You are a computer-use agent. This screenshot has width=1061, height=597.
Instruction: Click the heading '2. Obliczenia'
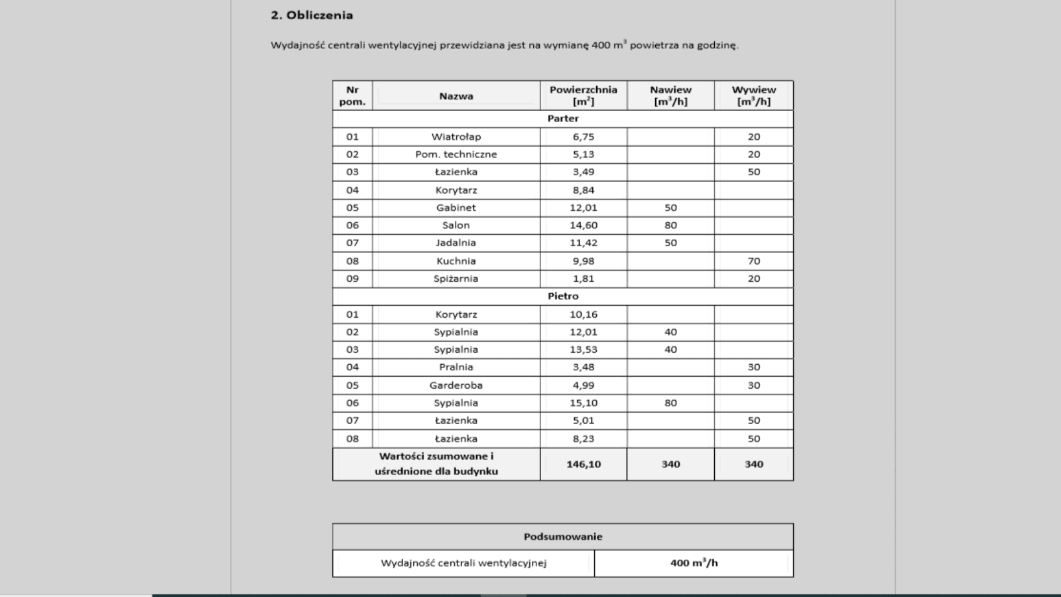click(x=312, y=15)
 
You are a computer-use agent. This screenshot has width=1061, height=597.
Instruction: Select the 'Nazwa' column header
click(x=456, y=96)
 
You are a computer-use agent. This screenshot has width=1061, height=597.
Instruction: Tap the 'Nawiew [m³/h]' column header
click(x=670, y=96)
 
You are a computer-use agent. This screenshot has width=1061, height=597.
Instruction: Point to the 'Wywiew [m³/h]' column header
click(x=753, y=96)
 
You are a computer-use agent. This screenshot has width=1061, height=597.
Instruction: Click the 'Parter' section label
click(x=563, y=119)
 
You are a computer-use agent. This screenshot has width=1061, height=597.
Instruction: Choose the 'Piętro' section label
click(x=563, y=297)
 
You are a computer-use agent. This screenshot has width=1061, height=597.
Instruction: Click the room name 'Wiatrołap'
click(x=456, y=137)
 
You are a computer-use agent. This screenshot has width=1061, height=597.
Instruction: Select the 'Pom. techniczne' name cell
click(x=456, y=155)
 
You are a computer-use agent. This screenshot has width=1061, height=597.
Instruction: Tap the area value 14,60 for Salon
click(x=584, y=226)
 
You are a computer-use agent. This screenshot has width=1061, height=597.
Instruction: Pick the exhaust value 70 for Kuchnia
click(x=754, y=261)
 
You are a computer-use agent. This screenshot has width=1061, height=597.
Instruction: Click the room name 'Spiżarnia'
click(x=456, y=279)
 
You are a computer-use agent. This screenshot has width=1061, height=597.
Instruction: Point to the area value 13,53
click(x=584, y=350)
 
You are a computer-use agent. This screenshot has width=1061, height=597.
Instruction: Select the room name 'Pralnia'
click(x=456, y=367)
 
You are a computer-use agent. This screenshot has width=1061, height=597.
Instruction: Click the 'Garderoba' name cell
click(x=456, y=385)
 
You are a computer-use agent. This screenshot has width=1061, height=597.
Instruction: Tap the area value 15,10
click(x=584, y=403)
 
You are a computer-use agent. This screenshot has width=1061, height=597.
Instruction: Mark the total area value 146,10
click(x=584, y=464)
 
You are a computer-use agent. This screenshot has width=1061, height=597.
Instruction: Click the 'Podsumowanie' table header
click(x=563, y=537)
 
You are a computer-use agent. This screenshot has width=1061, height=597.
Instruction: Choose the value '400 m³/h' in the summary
click(x=694, y=563)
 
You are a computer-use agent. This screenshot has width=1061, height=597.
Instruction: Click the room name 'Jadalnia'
click(x=456, y=243)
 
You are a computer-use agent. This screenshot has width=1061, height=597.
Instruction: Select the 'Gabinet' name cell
click(x=456, y=208)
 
